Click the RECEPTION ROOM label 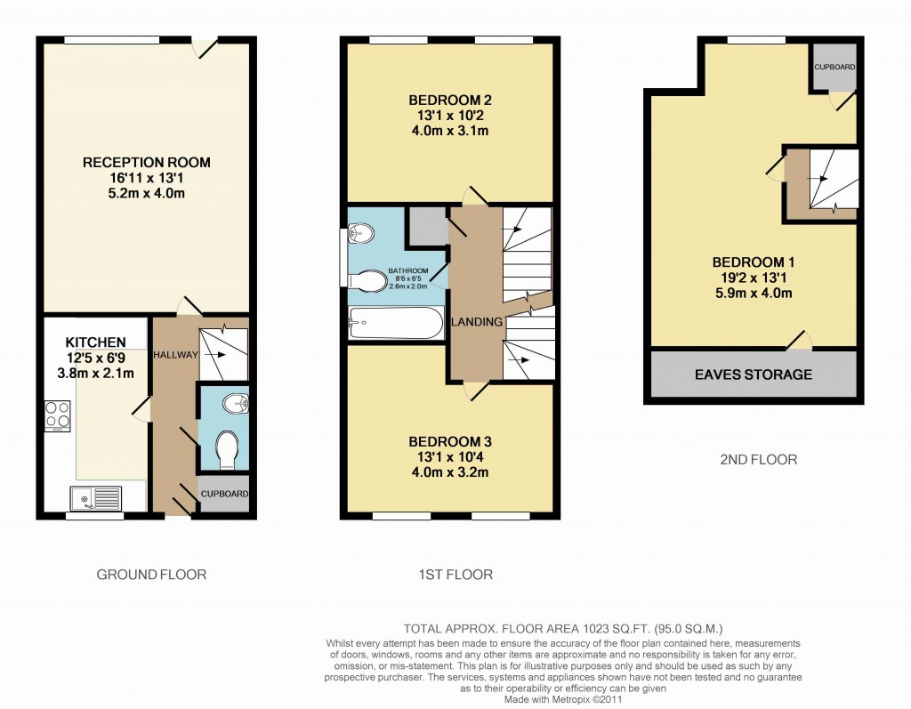(146, 162)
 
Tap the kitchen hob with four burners (58, 416)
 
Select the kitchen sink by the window (98, 496)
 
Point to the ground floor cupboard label (222, 495)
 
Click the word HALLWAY (174, 354)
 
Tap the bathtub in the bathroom (396, 323)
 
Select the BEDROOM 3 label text (449, 441)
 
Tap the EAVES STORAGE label (754, 375)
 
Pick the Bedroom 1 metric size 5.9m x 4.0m (753, 293)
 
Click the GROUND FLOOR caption (151, 575)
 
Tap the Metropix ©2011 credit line (562, 699)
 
